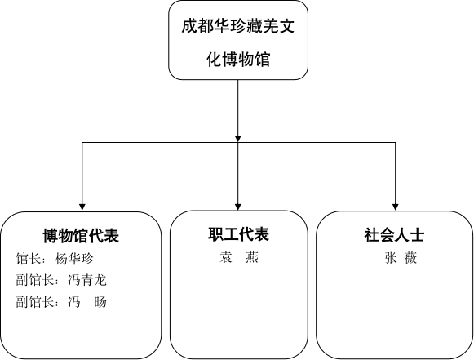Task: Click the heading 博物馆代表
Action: pyautogui.click(x=81, y=236)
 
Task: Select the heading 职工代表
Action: pyautogui.click(x=238, y=234)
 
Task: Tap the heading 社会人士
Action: pyautogui.click(x=394, y=235)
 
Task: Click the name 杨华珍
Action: pyautogui.click(x=74, y=259)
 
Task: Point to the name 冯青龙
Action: pyautogui.click(x=87, y=280)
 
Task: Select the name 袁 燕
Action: pyautogui.click(x=239, y=257)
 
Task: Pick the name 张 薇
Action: pyautogui.click(x=401, y=258)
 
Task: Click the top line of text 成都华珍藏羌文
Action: pyautogui.click(x=238, y=26)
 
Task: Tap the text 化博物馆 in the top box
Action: pyautogui.click(x=238, y=60)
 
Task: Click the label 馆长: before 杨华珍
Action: pyautogui.click(x=31, y=259)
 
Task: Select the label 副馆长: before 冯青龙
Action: pyautogui.click(x=38, y=280)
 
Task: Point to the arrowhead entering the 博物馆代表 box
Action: pyautogui.click(x=82, y=207)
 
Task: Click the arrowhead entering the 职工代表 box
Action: pyautogui.click(x=238, y=207)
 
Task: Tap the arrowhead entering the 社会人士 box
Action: pyautogui.click(x=395, y=207)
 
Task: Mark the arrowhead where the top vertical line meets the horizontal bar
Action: pyautogui.click(x=238, y=138)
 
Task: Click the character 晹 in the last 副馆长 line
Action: pyautogui.click(x=100, y=302)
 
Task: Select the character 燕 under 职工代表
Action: pyautogui.click(x=252, y=257)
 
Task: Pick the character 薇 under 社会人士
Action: pyautogui.click(x=411, y=258)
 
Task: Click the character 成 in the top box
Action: pyautogui.click(x=189, y=26)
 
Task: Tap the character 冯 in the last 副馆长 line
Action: pyautogui.click(x=74, y=302)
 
